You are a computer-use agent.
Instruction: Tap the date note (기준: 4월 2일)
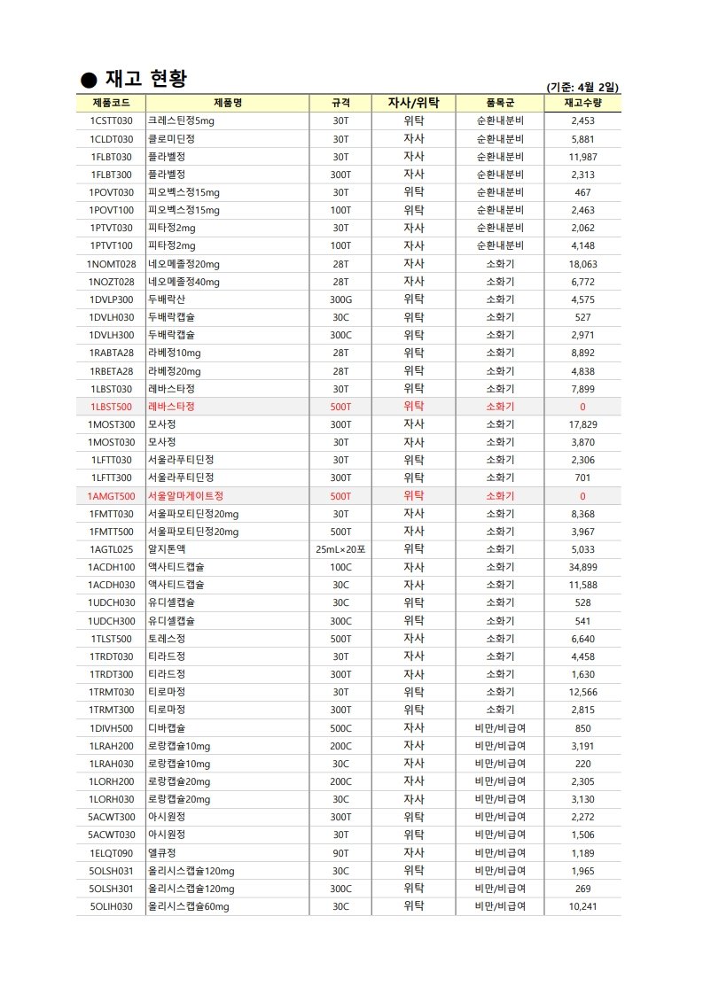point(583,87)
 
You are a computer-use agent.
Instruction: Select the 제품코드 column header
point(111,103)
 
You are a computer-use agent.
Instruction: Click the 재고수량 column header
point(582,103)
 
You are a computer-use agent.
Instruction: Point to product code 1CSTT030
point(111,121)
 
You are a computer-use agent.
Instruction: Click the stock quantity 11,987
point(582,157)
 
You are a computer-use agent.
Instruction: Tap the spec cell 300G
point(340,299)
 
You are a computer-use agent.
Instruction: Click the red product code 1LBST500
point(111,407)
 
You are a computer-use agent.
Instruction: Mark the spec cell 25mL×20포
point(340,549)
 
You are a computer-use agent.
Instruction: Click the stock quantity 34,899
point(582,567)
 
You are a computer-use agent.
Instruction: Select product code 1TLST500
point(111,639)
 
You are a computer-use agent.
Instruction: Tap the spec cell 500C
point(340,727)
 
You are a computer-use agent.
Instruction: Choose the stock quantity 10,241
point(582,906)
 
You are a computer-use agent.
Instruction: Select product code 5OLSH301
point(111,888)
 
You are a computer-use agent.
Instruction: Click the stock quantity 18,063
point(582,264)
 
